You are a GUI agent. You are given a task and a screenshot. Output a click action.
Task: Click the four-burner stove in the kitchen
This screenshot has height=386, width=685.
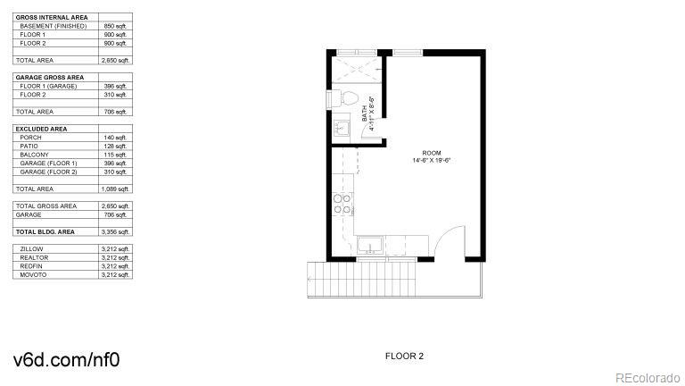click(341, 205)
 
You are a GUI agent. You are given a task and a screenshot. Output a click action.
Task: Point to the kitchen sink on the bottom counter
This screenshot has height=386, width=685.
click(370, 246)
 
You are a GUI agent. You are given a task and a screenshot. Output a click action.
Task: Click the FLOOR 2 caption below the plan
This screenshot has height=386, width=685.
click(404, 356)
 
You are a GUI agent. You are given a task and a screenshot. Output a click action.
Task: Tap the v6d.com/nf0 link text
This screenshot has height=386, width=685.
click(66, 360)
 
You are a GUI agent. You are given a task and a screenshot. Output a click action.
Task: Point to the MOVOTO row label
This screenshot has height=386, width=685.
click(33, 274)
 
